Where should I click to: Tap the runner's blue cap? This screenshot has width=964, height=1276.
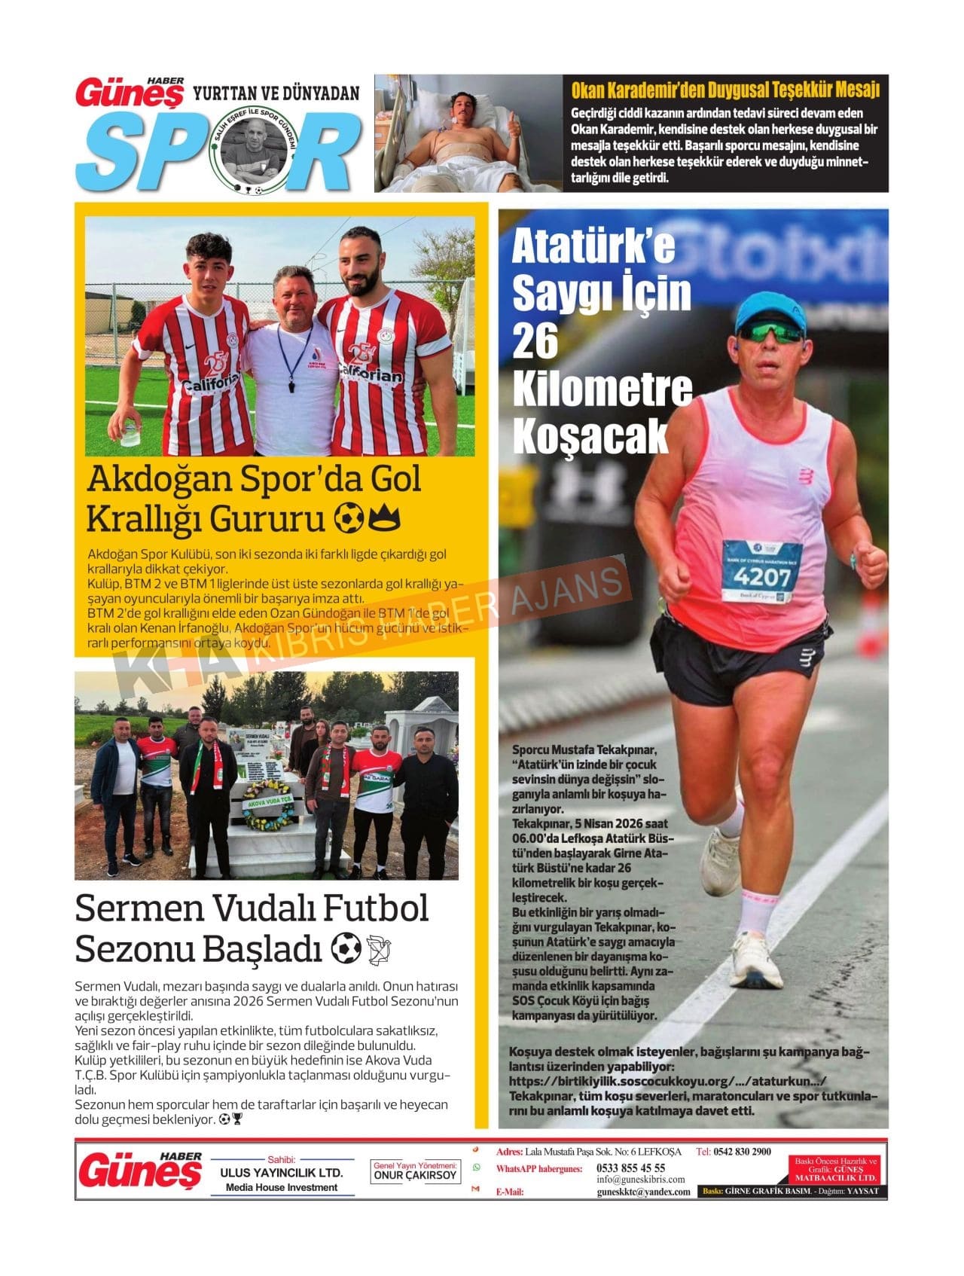pos(771,308)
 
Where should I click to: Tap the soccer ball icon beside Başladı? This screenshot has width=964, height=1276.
pos(346,949)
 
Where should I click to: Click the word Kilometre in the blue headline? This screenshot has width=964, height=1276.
pos(602,388)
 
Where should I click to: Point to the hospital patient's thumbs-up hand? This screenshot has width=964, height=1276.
pos(515,124)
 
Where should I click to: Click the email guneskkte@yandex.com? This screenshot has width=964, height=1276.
pos(643,1192)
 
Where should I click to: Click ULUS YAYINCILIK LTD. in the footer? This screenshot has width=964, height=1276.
pos(282,1173)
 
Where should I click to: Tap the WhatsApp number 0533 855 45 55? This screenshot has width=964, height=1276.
pos(631,1168)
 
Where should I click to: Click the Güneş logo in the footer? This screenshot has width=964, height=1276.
pos(140,1171)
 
